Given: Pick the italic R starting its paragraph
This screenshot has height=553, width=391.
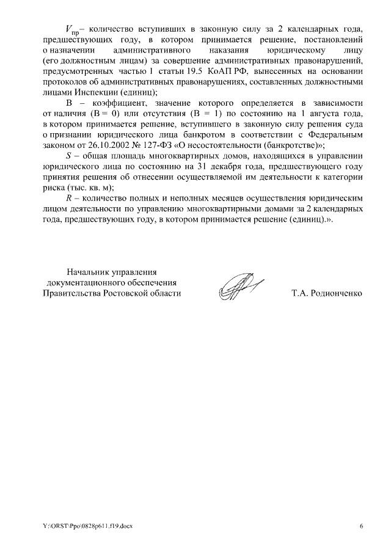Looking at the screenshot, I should pos(68,200).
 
